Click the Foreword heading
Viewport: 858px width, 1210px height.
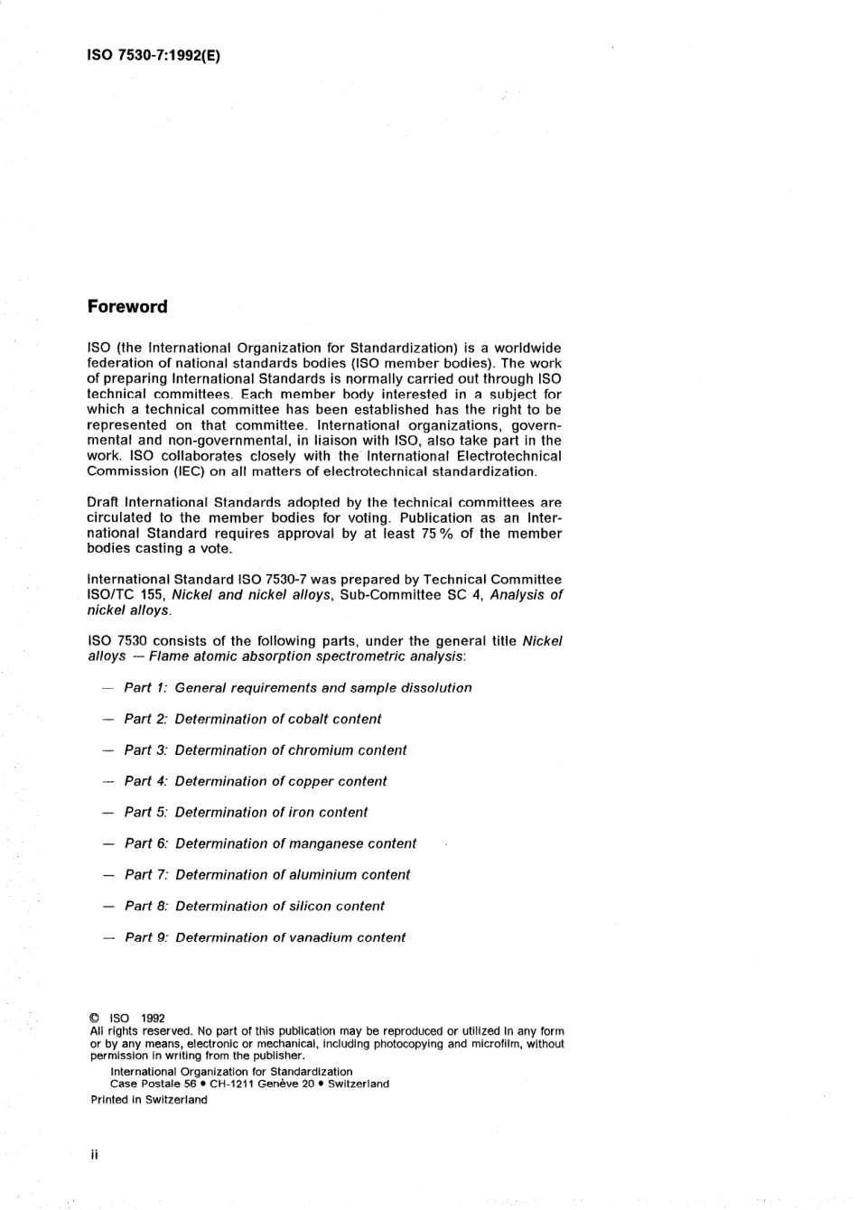(x=127, y=307)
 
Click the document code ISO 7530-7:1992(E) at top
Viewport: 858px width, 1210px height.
(x=154, y=54)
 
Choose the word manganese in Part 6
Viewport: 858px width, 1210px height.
(x=326, y=844)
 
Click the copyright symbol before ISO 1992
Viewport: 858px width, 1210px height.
(x=95, y=1018)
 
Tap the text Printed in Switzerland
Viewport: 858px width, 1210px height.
(x=149, y=1100)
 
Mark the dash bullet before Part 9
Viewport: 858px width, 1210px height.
(x=108, y=938)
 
